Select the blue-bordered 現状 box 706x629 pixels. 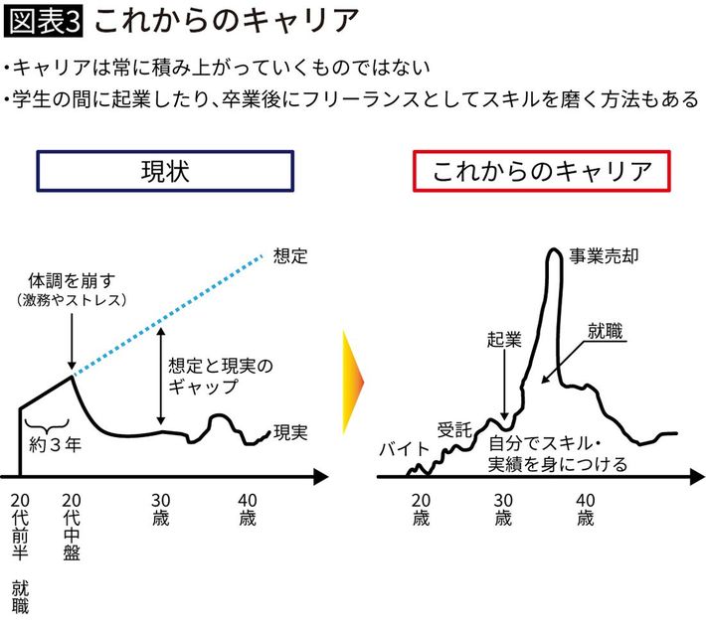[166, 172]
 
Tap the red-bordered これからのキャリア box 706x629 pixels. [543, 172]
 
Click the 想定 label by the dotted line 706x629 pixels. [288, 255]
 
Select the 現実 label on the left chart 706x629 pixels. [289, 432]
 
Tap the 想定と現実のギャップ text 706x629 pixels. [213, 376]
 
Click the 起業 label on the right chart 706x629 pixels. [505, 339]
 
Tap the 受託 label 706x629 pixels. [454, 430]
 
